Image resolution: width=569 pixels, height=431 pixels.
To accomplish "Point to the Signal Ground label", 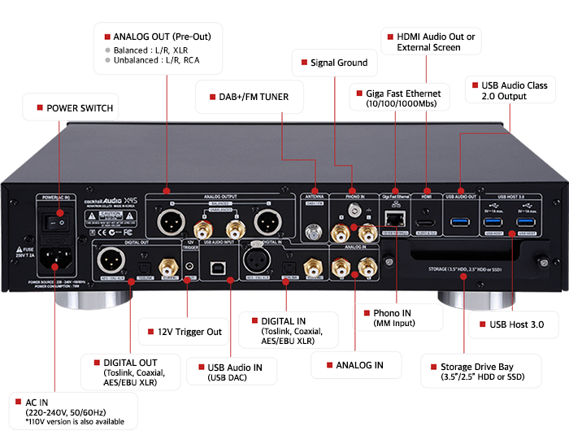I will [x=339, y=62].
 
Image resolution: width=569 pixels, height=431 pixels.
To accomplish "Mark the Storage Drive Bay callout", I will [x=480, y=372].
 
